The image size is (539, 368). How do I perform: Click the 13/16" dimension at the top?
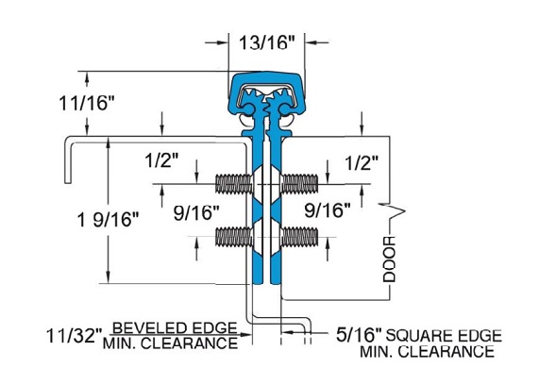coord(267,43)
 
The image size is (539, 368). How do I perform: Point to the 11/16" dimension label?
coord(86,103)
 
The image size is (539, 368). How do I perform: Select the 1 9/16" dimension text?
coord(108,219)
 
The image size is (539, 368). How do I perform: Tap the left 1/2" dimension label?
coord(161,160)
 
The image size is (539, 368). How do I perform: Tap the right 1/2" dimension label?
coord(362,162)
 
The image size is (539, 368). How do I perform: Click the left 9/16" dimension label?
coord(196,212)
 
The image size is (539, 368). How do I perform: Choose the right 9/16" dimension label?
coord(328,209)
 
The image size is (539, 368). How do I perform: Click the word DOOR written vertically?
coord(390,259)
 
